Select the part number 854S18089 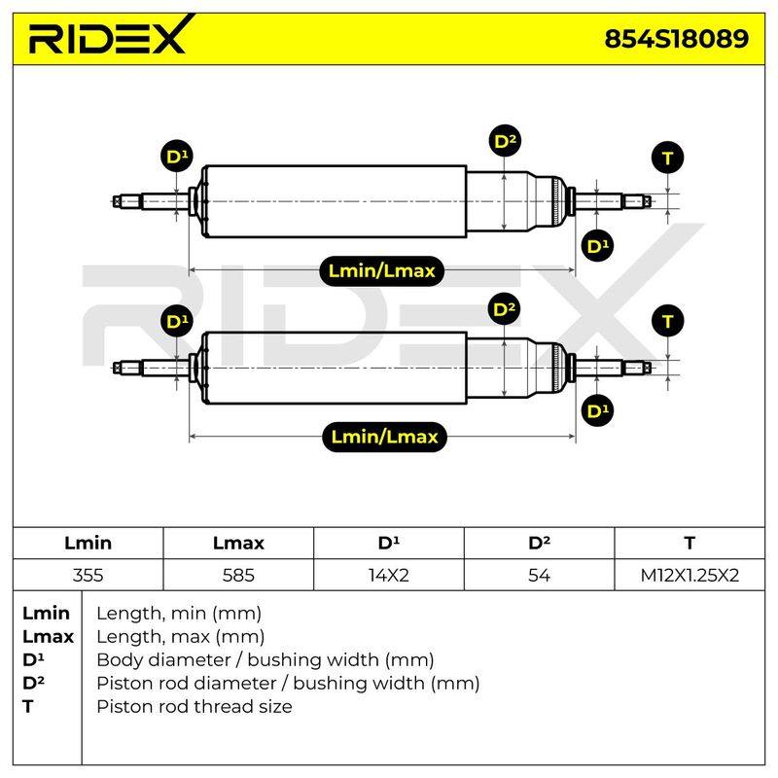(676, 39)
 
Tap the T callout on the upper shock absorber (667, 159)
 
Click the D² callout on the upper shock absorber (505, 141)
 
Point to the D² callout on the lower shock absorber (505, 308)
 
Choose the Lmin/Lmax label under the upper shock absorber (381, 271)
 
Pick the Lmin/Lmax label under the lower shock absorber (384, 437)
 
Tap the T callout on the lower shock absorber (667, 321)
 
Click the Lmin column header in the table (88, 543)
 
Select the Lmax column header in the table (238, 543)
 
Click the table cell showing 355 (88, 575)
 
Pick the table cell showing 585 (238, 575)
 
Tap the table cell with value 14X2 (389, 575)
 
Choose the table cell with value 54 (540, 575)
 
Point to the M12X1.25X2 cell (690, 575)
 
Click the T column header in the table (690, 543)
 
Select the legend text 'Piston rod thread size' (194, 707)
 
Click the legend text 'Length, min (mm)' (179, 614)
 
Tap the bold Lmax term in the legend (48, 637)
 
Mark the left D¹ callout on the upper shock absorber (177, 156)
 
